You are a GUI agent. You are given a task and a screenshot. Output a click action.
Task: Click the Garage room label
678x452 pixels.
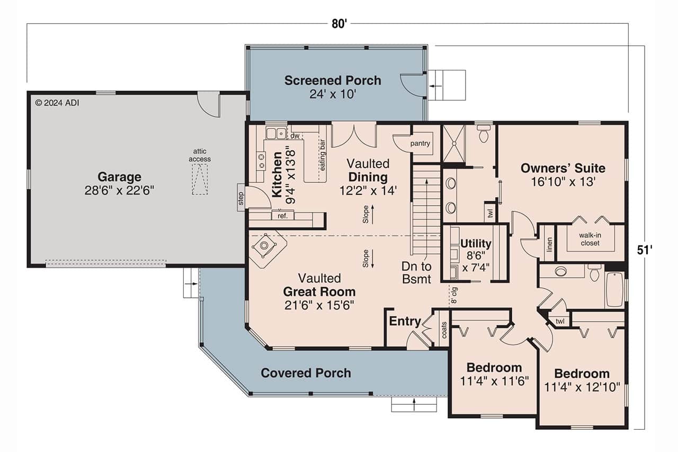click(x=119, y=177)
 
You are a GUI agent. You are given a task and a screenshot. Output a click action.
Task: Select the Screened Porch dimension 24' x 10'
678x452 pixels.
click(x=332, y=94)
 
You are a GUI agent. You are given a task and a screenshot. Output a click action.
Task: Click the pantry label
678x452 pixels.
click(x=420, y=143)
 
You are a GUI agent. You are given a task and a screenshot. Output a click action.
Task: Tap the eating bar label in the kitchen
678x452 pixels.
click(x=322, y=154)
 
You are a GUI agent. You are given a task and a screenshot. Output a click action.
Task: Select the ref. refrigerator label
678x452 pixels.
click(x=282, y=216)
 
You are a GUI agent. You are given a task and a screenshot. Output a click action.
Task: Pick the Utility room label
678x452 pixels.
click(x=475, y=244)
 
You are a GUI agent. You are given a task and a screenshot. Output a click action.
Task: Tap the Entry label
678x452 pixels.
click(x=405, y=322)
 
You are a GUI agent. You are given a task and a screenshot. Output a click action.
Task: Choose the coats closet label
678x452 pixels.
click(x=444, y=331)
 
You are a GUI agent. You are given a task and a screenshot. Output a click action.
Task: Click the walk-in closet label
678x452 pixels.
click(x=589, y=239)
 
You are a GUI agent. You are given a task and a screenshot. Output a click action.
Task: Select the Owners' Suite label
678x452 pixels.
click(x=563, y=169)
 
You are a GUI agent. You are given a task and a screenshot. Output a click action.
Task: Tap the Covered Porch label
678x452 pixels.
click(x=306, y=373)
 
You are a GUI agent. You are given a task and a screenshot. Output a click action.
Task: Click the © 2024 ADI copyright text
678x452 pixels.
click(x=57, y=103)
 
